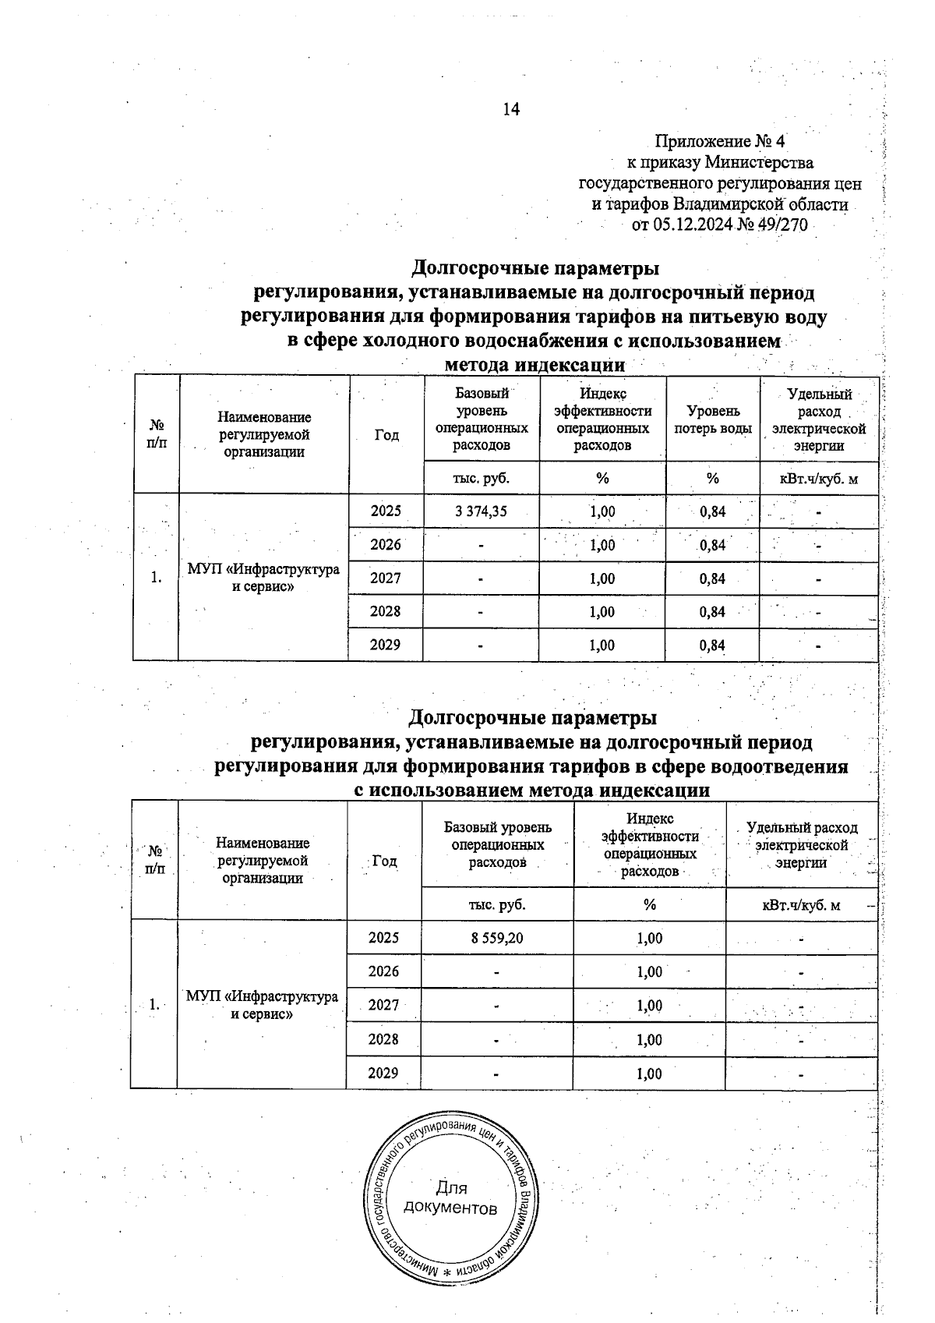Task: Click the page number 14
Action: click(511, 109)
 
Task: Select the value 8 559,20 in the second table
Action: click(497, 938)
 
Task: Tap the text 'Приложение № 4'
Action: click(720, 142)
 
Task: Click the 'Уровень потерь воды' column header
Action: click(713, 419)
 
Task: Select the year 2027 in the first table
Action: click(386, 578)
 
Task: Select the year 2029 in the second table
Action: click(383, 1073)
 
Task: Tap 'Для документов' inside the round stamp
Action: click(452, 1198)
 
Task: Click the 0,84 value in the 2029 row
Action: click(713, 646)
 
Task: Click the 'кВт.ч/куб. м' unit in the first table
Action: click(819, 479)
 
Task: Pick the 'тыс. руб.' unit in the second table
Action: click(497, 905)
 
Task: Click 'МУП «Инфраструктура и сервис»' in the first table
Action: click(263, 578)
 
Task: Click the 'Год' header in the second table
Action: click(384, 861)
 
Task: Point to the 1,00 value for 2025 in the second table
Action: click(650, 938)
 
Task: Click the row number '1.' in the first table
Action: click(157, 578)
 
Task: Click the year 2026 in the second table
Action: click(383, 971)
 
